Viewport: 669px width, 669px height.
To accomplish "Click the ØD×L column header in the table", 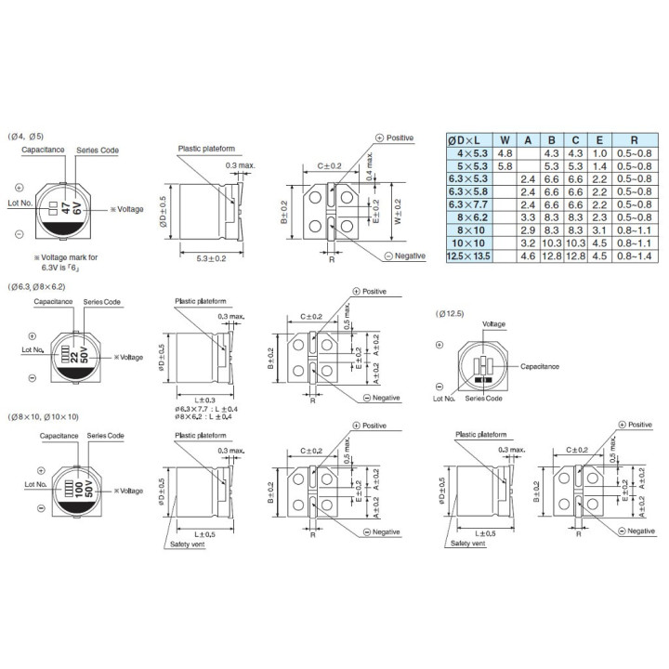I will pos(467,138).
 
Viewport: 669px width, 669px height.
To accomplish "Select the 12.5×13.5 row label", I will pos(467,254).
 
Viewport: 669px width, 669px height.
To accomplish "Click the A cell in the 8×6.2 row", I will pos(529,216).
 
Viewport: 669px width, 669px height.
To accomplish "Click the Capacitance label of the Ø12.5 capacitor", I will pos(539,366).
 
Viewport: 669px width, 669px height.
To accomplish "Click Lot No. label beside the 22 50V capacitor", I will pos(33,350).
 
